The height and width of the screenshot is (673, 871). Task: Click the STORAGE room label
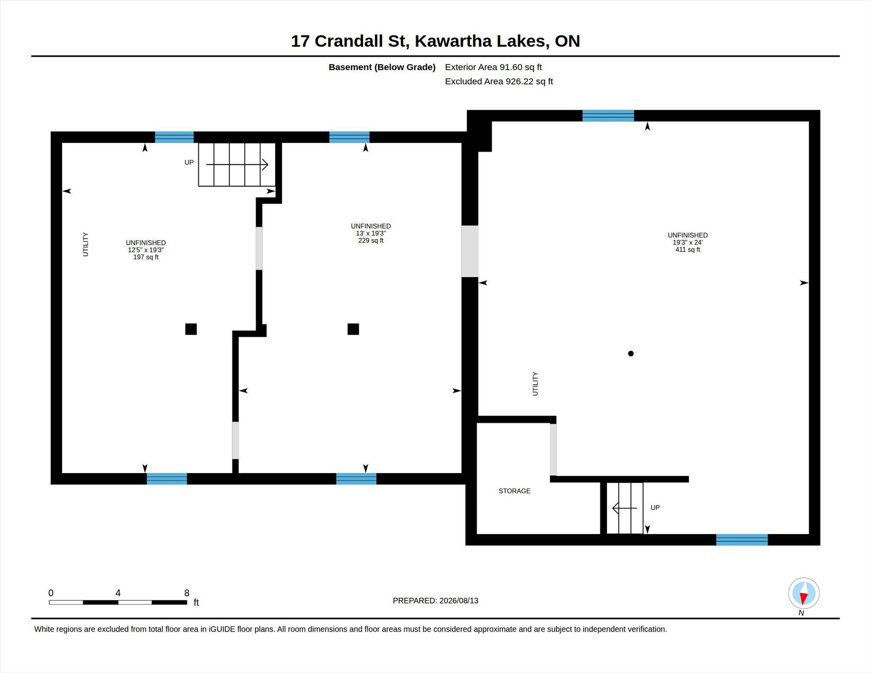(514, 491)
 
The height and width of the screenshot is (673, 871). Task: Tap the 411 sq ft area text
(688, 250)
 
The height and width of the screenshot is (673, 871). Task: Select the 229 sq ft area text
(371, 241)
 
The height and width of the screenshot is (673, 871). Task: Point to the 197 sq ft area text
(146, 257)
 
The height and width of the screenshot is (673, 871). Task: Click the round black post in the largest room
(631, 353)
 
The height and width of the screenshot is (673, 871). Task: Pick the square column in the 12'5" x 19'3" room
(191, 329)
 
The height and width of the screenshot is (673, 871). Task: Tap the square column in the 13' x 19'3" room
(353, 329)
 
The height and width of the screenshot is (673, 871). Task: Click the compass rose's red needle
(803, 598)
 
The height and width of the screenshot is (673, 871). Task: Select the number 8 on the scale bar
(187, 593)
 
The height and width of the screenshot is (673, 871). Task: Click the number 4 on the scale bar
(118, 593)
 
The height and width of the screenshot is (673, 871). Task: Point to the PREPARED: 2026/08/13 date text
(435, 601)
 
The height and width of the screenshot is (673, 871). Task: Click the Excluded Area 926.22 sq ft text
(499, 82)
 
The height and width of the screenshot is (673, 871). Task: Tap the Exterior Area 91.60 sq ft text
(493, 67)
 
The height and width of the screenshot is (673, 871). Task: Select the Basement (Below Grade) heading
(382, 67)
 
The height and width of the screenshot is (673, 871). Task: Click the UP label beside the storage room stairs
(655, 508)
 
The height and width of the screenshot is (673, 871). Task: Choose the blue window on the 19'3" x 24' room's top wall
(608, 116)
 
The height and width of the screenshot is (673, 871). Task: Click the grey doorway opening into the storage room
(553, 450)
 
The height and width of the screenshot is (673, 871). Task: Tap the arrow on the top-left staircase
(237, 165)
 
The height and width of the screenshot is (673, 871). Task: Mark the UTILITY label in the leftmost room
(85, 244)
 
